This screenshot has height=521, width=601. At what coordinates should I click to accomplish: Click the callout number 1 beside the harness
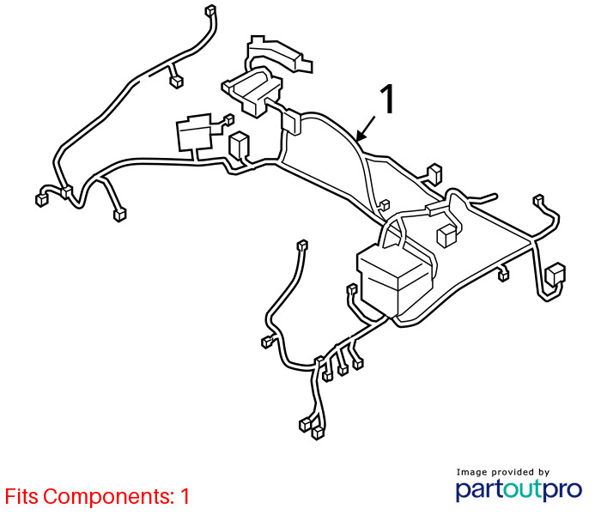(388, 99)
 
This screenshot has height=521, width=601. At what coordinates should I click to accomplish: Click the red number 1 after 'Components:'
(185, 496)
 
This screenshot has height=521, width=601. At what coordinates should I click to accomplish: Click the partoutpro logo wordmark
(519, 489)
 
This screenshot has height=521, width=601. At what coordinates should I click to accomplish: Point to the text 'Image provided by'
(503, 472)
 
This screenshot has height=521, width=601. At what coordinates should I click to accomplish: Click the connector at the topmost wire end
(210, 10)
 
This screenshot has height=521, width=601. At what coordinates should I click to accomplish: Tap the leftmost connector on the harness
(41, 200)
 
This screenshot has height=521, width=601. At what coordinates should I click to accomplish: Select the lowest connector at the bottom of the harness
(318, 433)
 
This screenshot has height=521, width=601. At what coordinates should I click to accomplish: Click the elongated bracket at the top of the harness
(279, 53)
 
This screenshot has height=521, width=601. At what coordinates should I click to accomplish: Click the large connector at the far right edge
(555, 275)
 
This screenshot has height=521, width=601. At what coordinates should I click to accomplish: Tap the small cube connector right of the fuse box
(447, 235)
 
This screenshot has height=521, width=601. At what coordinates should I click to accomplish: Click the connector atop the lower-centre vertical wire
(303, 245)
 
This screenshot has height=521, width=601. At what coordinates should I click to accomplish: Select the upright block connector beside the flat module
(239, 145)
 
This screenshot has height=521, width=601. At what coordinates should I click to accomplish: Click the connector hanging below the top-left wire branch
(176, 82)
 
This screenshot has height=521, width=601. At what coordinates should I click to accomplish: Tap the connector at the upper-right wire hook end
(538, 200)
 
